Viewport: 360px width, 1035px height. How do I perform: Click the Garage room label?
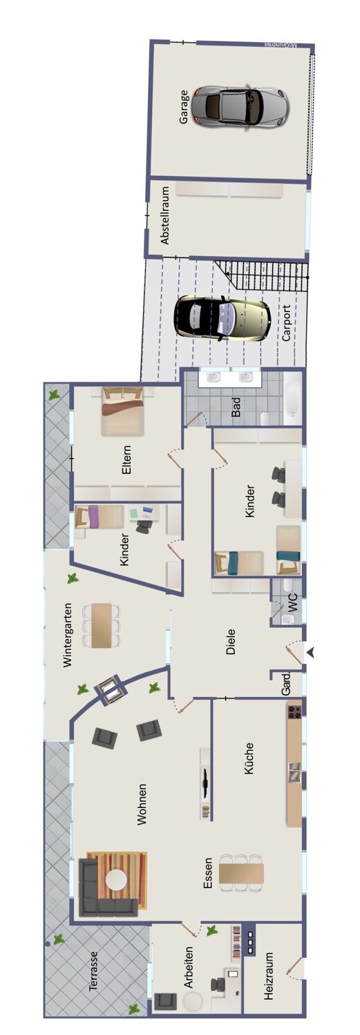184,107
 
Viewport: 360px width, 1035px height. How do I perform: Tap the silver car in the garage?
240,106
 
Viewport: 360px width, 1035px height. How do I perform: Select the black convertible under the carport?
222,319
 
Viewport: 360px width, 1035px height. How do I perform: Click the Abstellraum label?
165,215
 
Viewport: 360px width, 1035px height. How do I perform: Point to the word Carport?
287,322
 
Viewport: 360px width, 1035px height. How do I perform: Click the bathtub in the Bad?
292,399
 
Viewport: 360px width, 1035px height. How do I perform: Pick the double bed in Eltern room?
122,411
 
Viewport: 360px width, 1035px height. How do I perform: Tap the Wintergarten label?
68,634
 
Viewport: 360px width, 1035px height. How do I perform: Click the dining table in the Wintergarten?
102,625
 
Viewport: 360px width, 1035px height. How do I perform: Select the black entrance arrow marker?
310,653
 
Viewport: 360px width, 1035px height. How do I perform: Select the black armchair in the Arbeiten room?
165,1014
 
